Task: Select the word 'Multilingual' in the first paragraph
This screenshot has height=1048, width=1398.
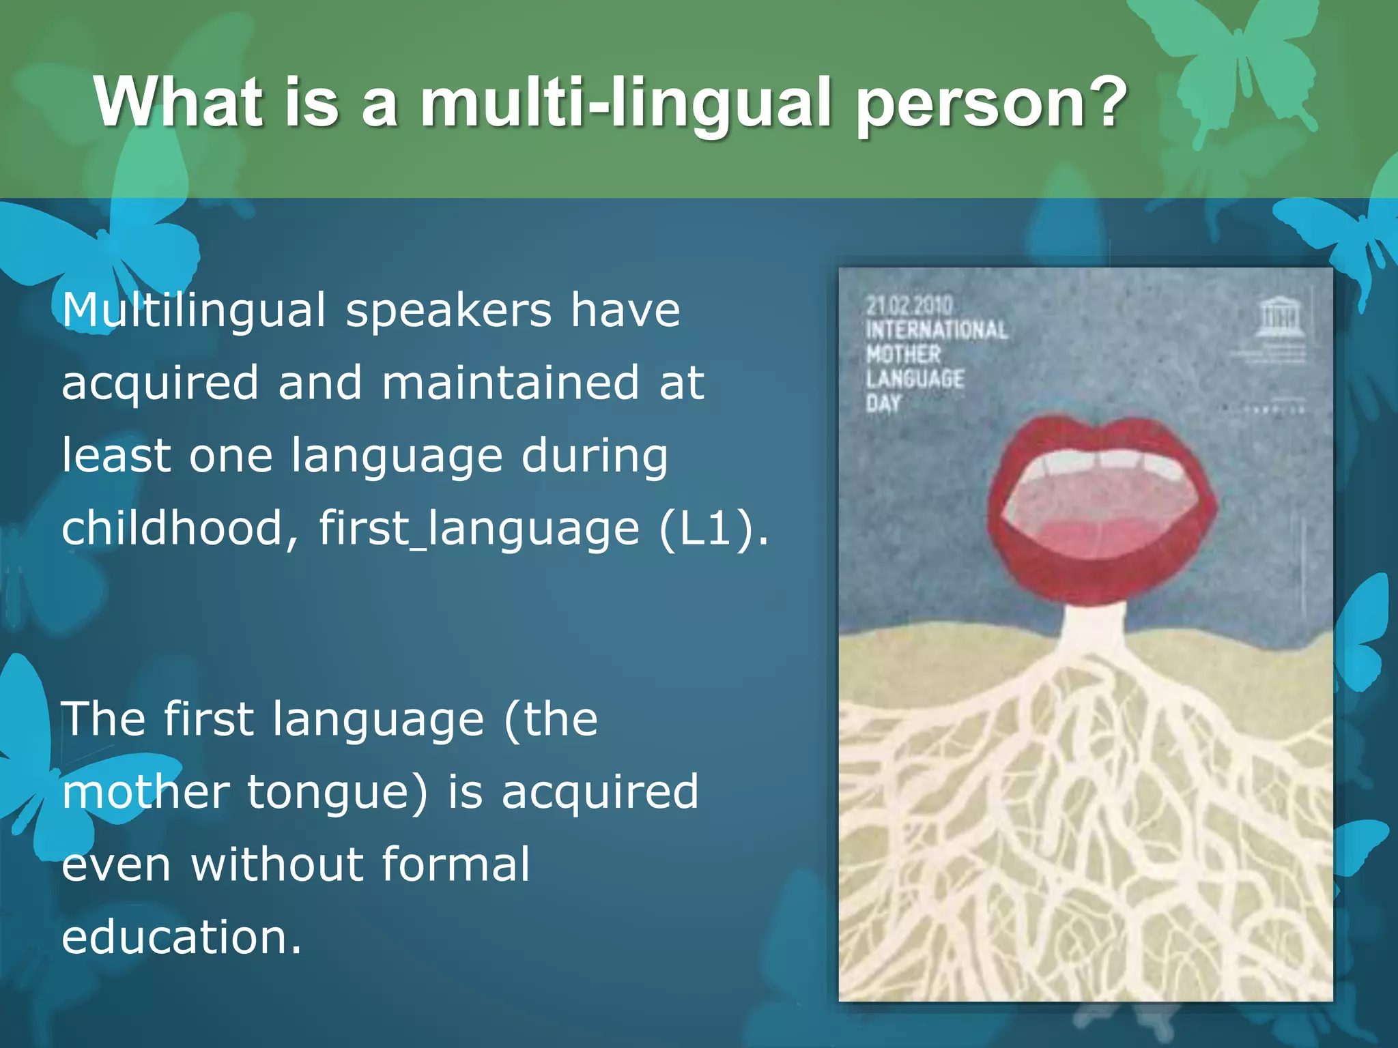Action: (194, 310)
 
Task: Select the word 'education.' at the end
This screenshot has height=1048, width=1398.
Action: (181, 937)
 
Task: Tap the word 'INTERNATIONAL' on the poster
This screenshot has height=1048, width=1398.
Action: (936, 330)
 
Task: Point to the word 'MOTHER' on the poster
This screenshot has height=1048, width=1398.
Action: (903, 355)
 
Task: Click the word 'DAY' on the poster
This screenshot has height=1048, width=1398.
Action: (883, 403)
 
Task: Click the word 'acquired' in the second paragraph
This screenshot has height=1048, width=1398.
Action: (600, 793)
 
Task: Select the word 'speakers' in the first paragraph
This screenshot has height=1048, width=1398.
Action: (448, 310)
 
